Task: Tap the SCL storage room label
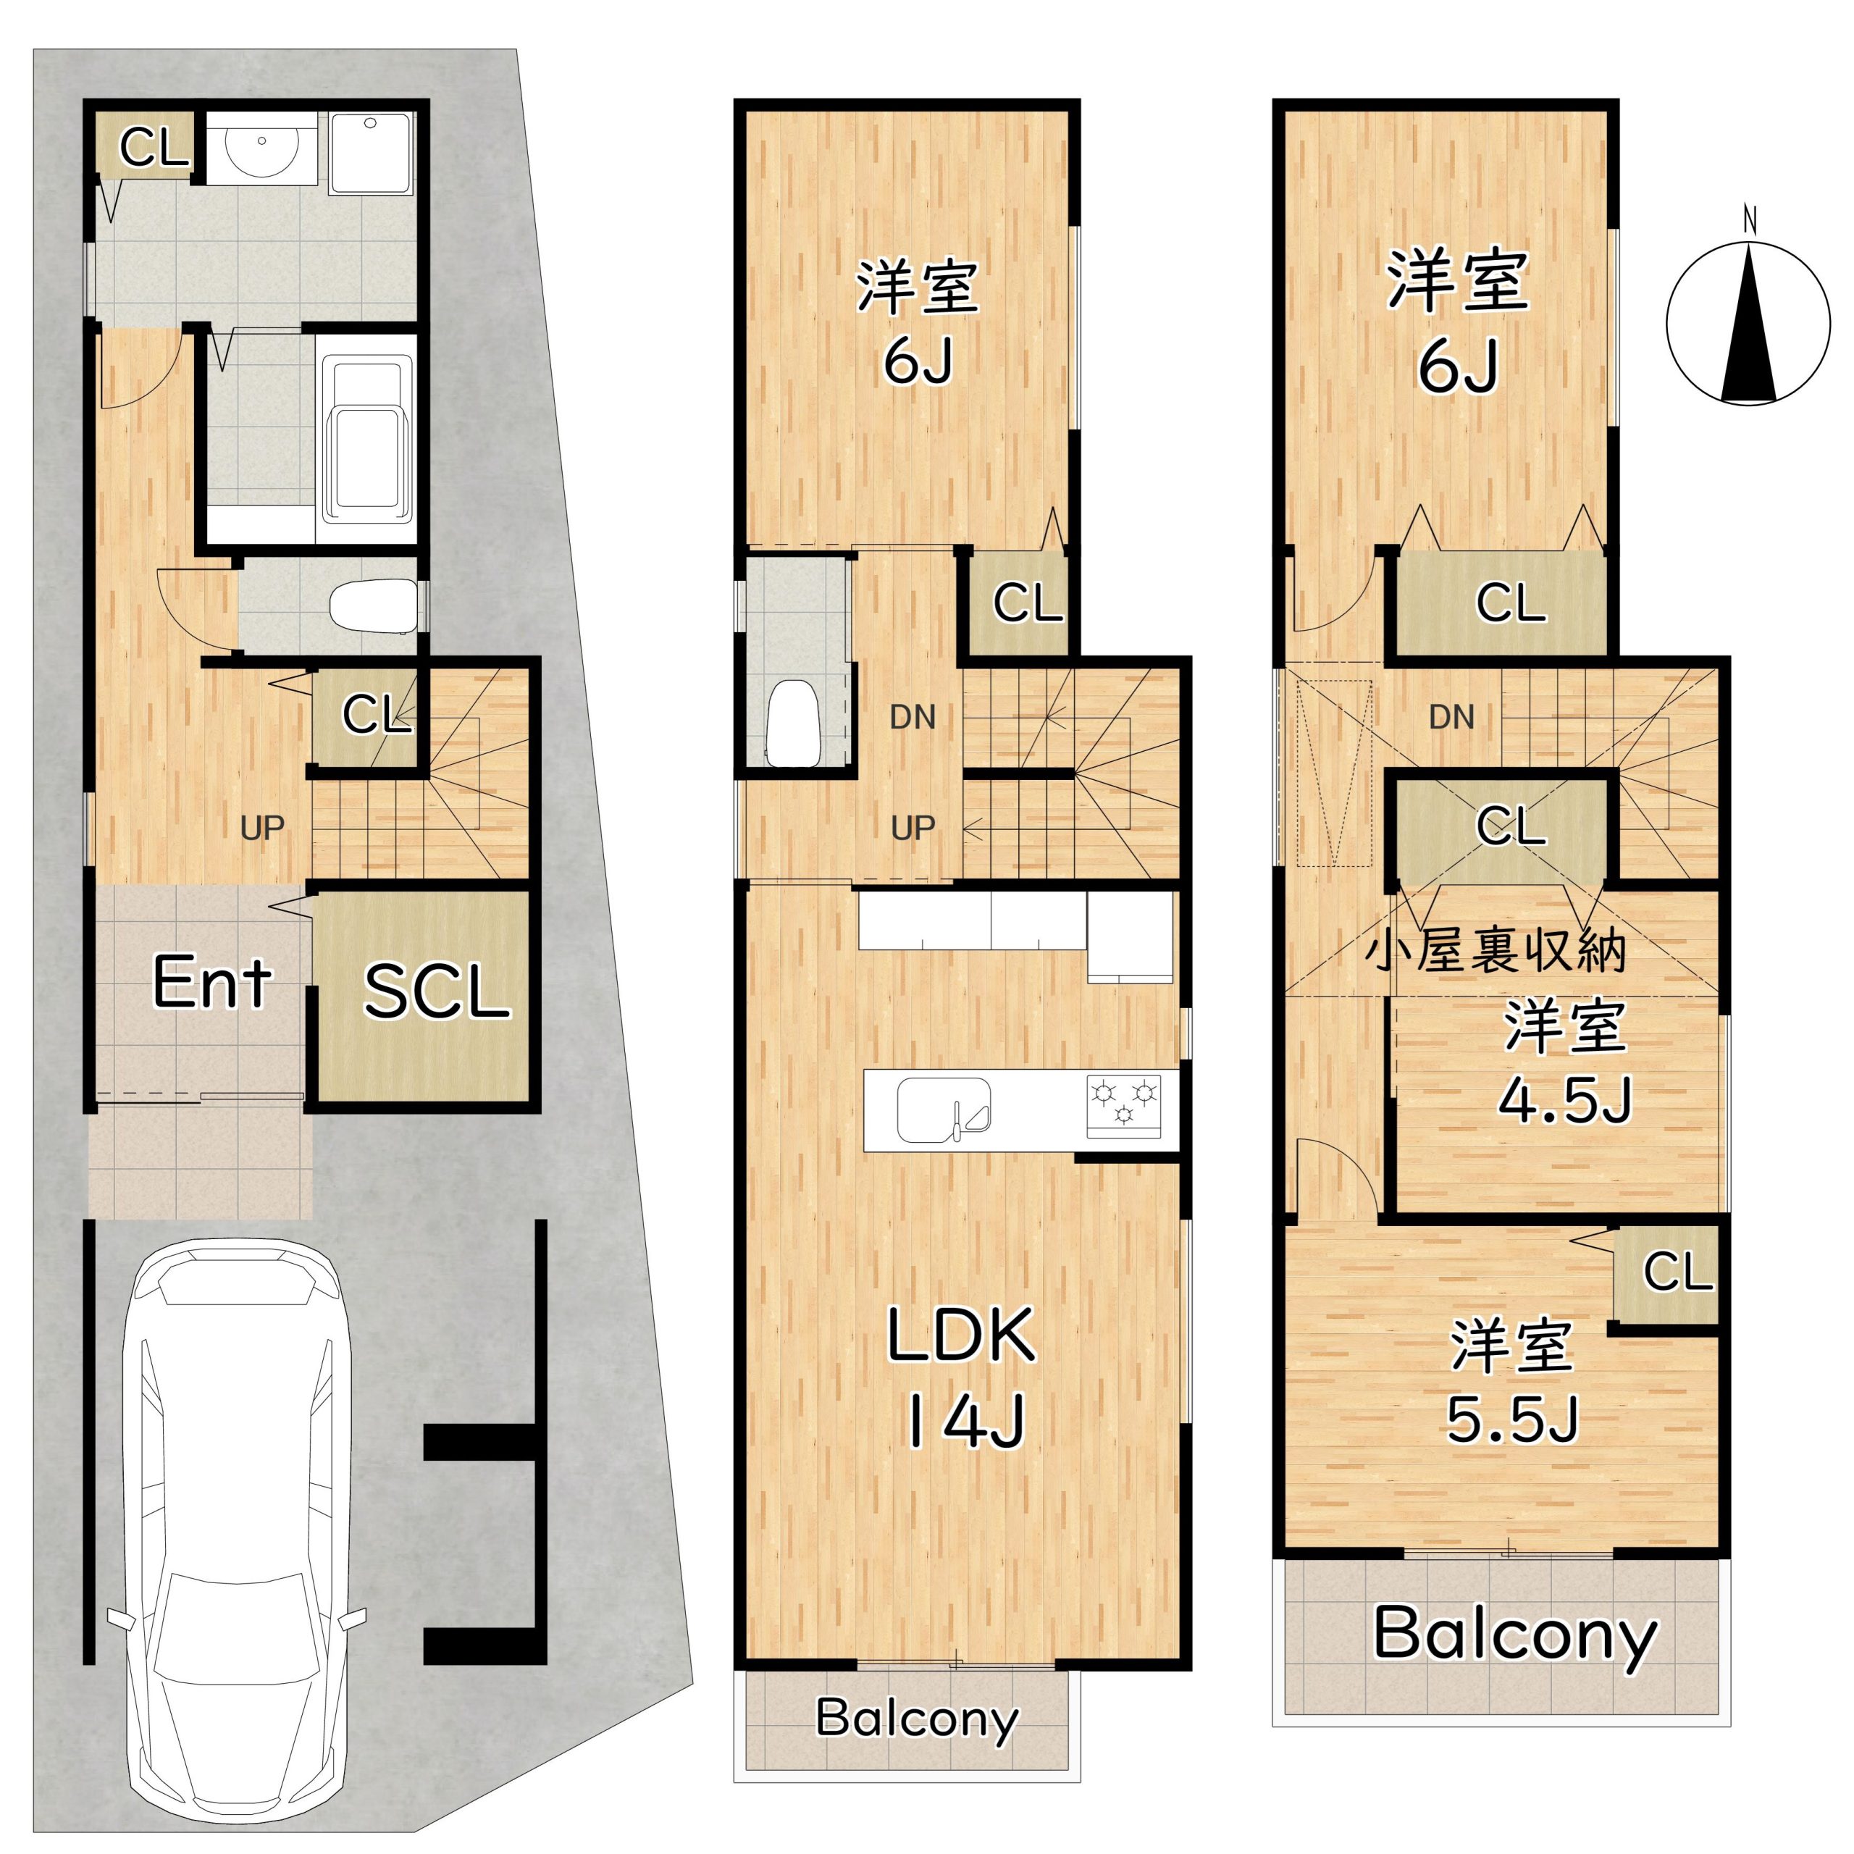tap(436, 991)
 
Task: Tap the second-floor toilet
tap(792, 723)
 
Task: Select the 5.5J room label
tap(1511, 1419)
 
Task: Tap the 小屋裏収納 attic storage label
tap(1498, 950)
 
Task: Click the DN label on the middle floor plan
tap(913, 717)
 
